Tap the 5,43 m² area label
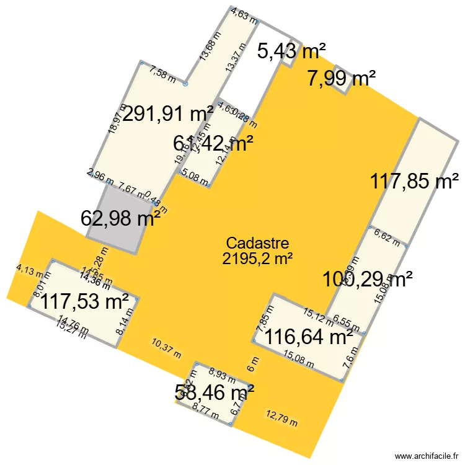pyautogui.click(x=291, y=51)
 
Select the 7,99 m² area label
pyautogui.click(x=342, y=79)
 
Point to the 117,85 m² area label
pyautogui.click(x=411, y=182)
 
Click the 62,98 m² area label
pyautogui.click(x=121, y=218)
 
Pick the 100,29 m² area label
pyautogui.click(x=368, y=279)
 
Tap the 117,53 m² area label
pyautogui.click(x=85, y=303)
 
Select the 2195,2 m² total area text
pyautogui.click(x=258, y=258)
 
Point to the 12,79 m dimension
pyautogui.click(x=281, y=419)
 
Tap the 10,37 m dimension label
pyautogui.click(x=166, y=347)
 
